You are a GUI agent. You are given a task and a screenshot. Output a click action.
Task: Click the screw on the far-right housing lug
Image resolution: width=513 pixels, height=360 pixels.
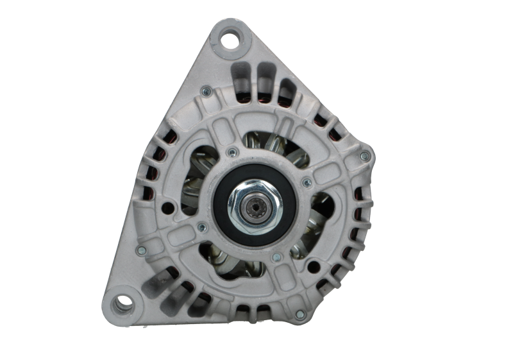coord(365,156)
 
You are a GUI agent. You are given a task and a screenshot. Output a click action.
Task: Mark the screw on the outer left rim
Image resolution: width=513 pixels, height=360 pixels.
coord(142,250)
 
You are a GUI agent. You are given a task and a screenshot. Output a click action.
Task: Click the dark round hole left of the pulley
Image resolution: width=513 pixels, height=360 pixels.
coord(169,207)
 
